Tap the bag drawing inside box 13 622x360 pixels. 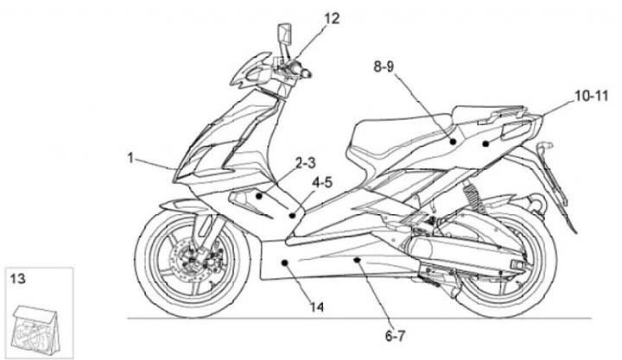coord(36,323)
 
